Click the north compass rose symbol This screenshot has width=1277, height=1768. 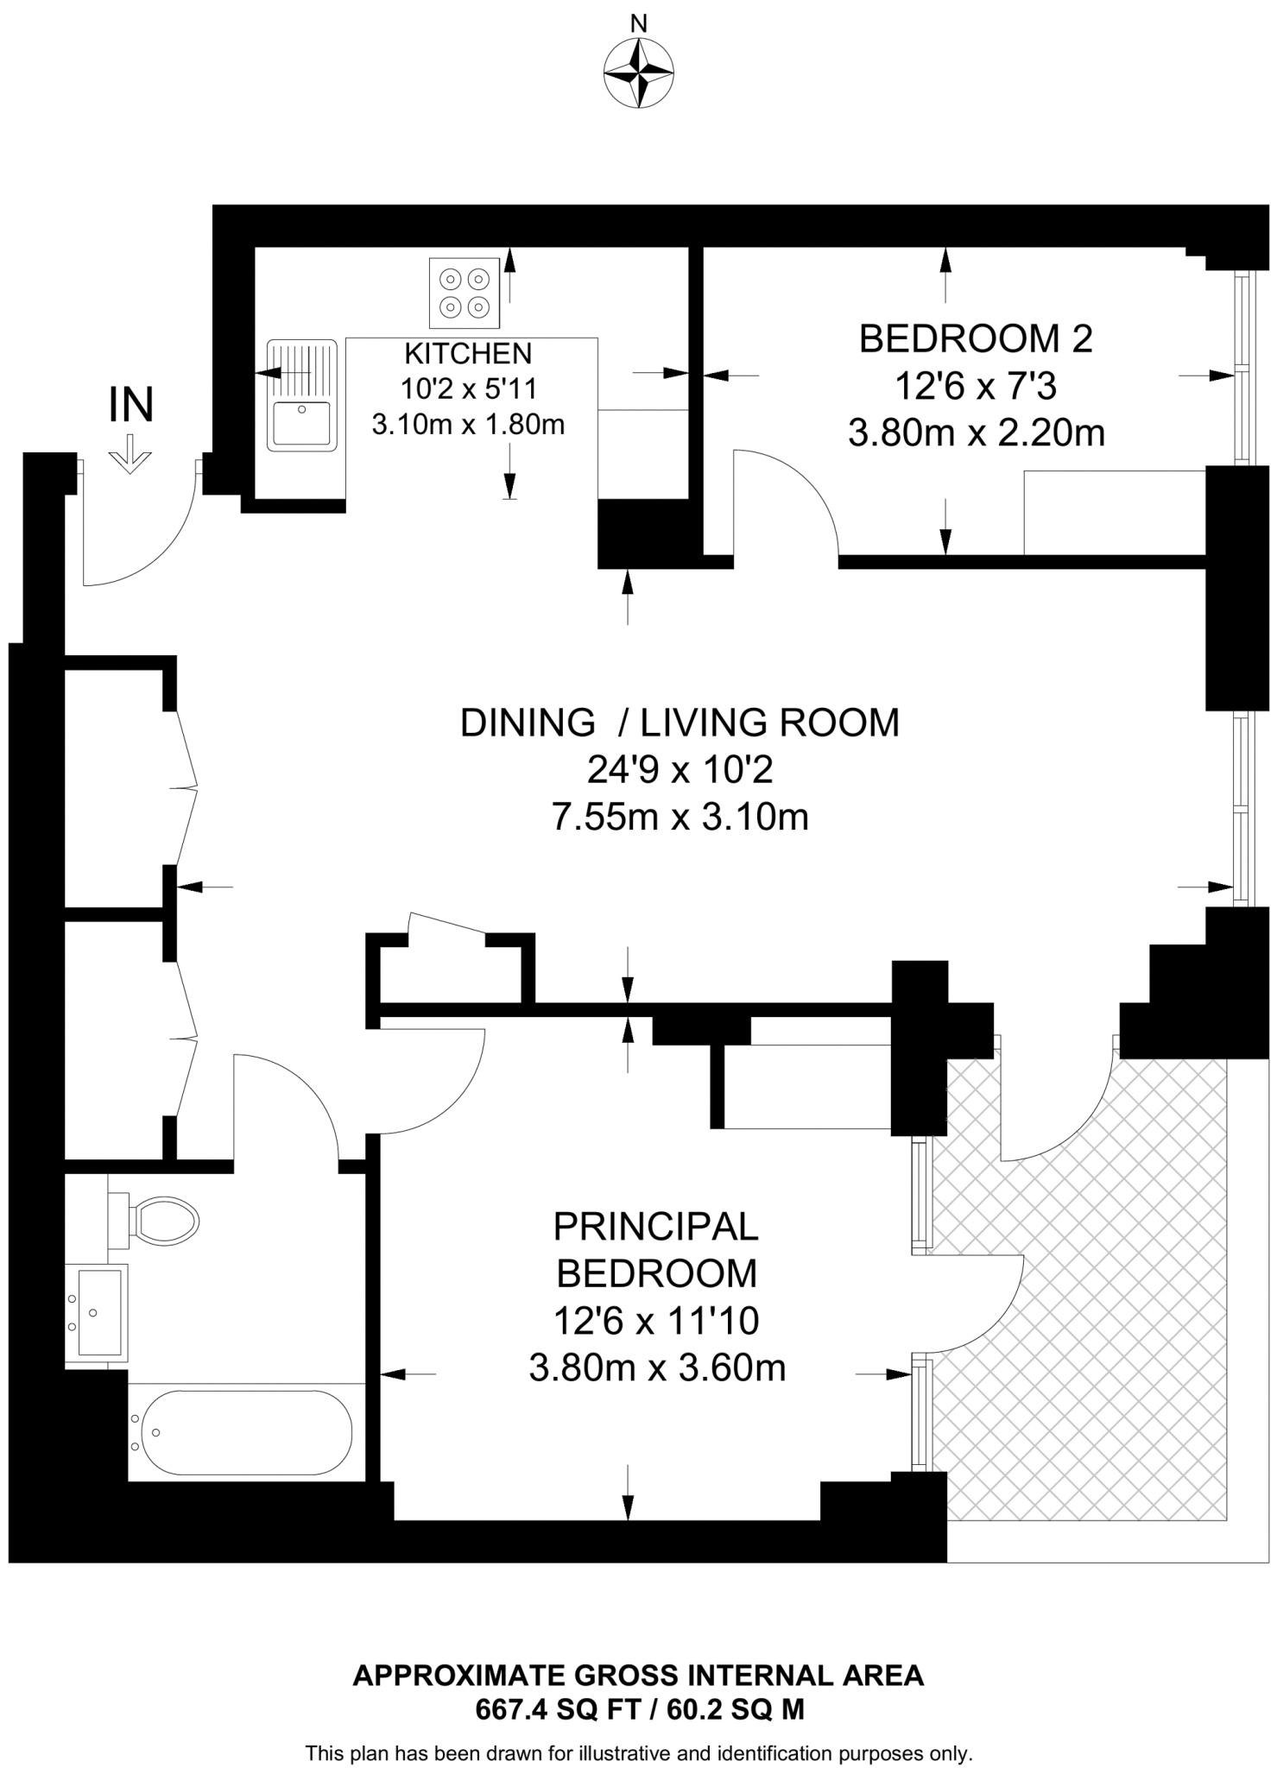(638, 73)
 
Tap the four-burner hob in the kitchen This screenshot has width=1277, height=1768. (465, 294)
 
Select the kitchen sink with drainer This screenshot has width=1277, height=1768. (300, 395)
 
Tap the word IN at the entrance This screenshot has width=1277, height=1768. (131, 405)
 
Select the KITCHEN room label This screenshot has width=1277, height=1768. (468, 353)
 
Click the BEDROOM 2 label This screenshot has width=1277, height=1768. (976, 338)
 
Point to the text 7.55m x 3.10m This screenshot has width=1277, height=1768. (680, 817)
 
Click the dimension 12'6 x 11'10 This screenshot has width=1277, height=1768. (656, 1321)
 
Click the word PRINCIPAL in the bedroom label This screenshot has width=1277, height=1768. (656, 1226)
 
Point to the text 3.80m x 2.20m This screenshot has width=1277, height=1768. (976, 433)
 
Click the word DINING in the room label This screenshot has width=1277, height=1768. (528, 723)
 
